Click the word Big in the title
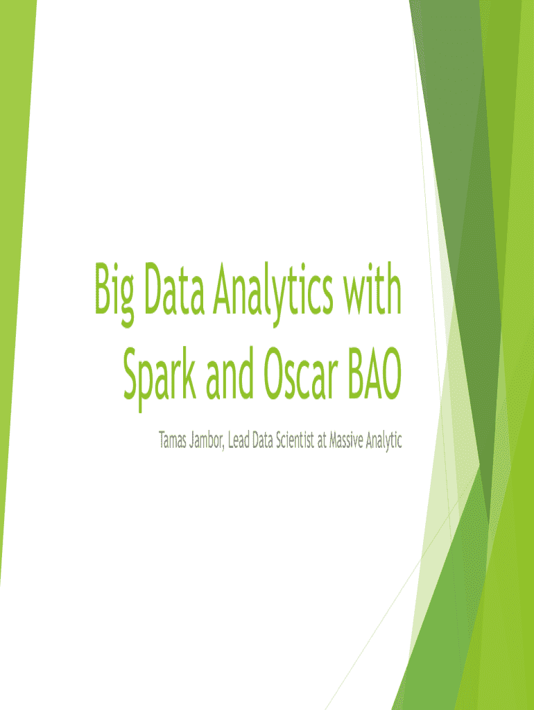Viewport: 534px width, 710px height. click(114, 294)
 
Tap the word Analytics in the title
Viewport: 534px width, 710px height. click(273, 294)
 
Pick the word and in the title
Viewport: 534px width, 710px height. click(229, 374)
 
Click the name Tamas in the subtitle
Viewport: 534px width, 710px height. click(173, 440)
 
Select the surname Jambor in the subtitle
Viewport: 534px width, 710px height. click(206, 440)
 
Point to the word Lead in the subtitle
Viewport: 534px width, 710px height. click(239, 440)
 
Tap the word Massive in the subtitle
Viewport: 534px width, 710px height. click(346, 440)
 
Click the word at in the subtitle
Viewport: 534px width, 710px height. click(322, 440)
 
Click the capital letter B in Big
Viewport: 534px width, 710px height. click(103, 288)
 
